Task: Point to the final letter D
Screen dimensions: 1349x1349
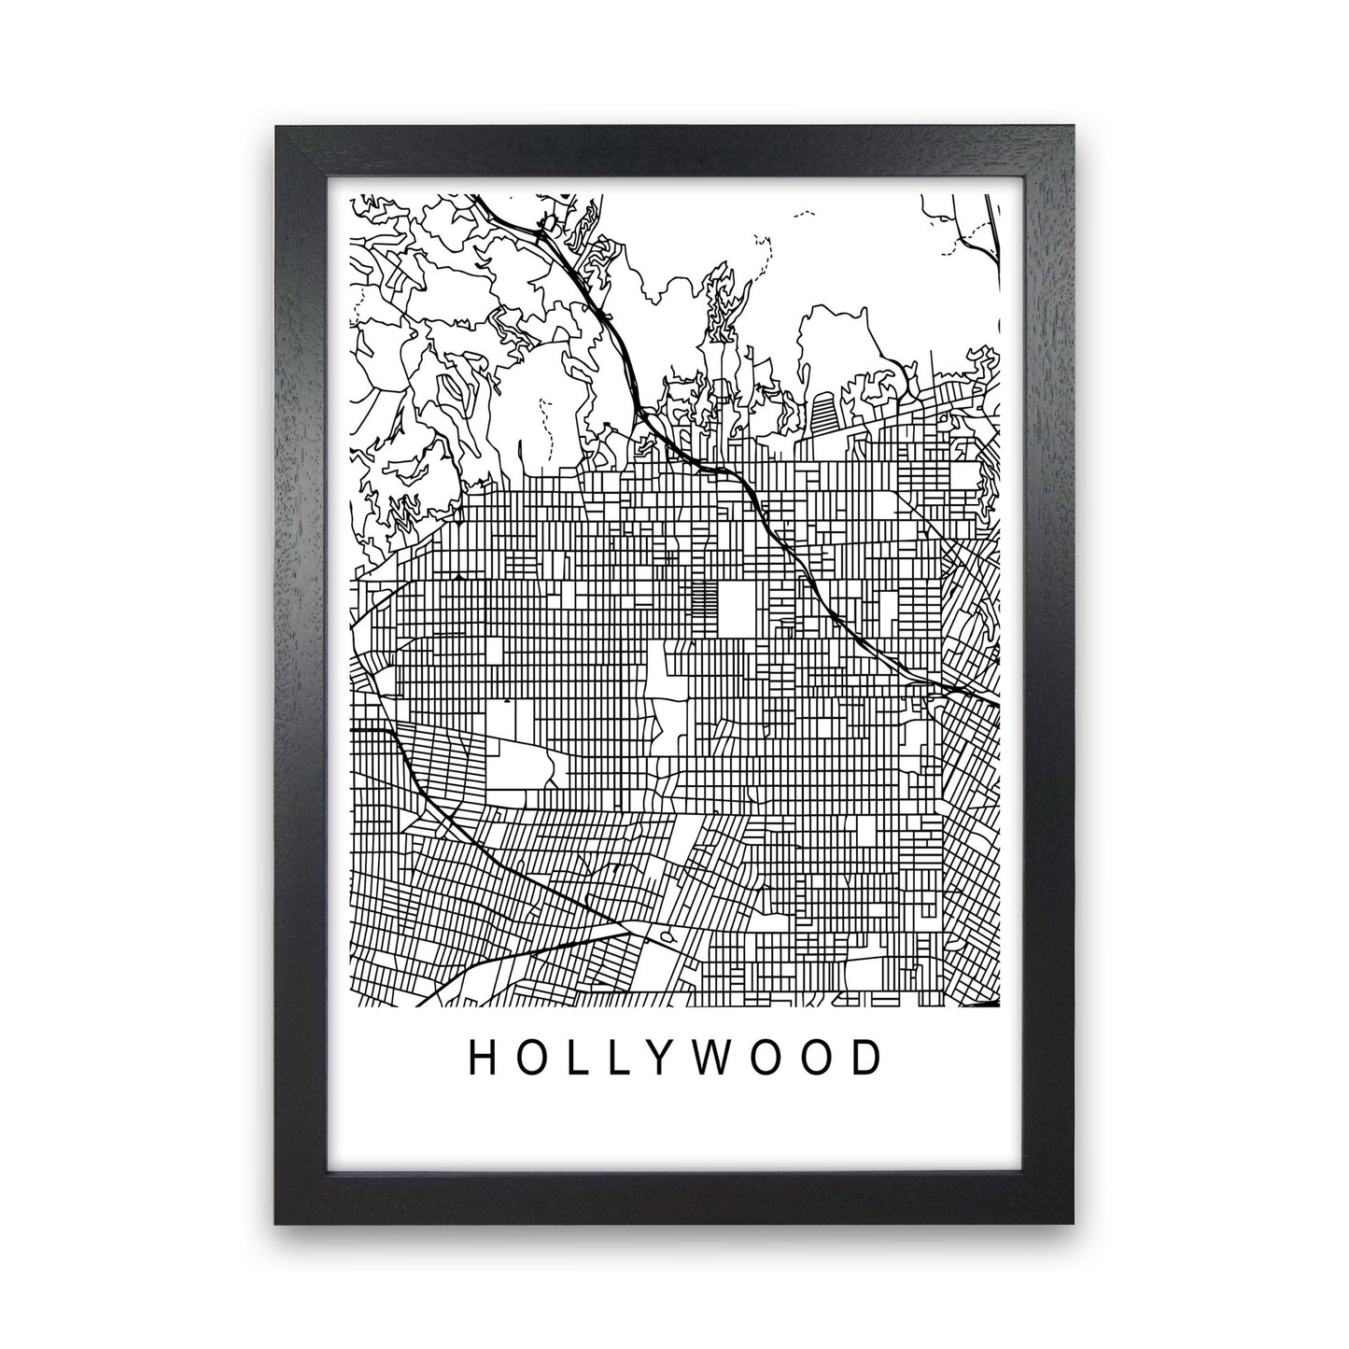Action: click(x=867, y=1057)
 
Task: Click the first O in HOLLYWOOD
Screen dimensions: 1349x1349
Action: click(x=527, y=1057)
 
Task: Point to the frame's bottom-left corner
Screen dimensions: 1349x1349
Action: click(x=277, y=1224)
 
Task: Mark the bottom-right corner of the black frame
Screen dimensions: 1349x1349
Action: click(x=1075, y=1224)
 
